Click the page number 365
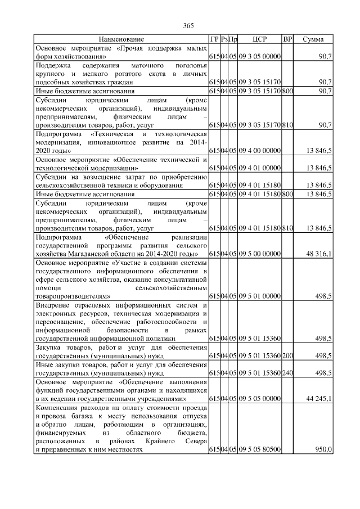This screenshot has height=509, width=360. point(188,25)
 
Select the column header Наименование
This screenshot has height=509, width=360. point(121,40)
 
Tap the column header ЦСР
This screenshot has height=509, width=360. point(260,40)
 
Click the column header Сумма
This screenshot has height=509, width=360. point(313,40)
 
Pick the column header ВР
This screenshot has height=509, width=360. point(287,40)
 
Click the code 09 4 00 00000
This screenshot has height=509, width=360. point(259,151)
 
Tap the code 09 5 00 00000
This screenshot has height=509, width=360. point(259,254)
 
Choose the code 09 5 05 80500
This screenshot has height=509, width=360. point(259,450)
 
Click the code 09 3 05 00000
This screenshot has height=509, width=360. point(259,57)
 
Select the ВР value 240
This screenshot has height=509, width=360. point(287,373)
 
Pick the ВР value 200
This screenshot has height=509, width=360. point(287,355)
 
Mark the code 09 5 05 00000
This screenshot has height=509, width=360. point(259,399)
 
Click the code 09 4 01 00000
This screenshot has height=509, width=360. point(259,168)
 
